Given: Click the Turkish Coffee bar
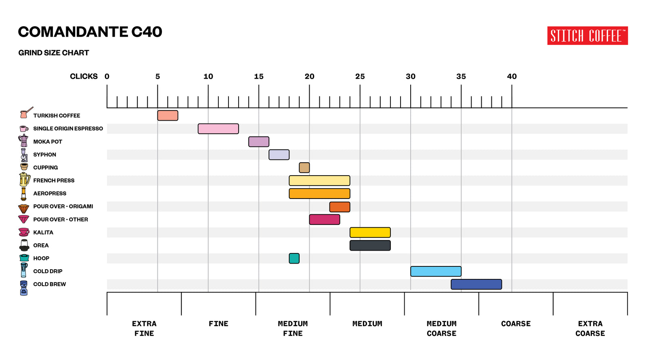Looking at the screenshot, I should (x=168, y=115).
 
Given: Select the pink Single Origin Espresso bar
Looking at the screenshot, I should (x=218, y=129).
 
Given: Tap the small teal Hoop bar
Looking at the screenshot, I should (x=294, y=258).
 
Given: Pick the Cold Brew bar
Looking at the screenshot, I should (x=476, y=284).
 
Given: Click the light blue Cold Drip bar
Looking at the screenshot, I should (x=436, y=271).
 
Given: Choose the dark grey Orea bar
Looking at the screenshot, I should (x=370, y=245).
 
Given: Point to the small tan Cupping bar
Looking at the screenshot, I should (x=304, y=167).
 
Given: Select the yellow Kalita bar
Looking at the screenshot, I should (x=370, y=232).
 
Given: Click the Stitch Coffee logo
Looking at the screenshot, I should (x=587, y=36).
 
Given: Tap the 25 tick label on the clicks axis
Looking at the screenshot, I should (x=360, y=77).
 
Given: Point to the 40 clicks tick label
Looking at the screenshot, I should (x=512, y=77).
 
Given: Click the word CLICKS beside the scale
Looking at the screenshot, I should (x=84, y=77).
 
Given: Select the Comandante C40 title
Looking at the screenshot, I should (x=90, y=32).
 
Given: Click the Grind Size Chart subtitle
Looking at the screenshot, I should (x=54, y=53).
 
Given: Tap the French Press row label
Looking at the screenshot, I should (x=54, y=180).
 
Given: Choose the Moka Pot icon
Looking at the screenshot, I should (x=23, y=141).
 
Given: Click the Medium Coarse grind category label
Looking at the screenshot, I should (x=441, y=329).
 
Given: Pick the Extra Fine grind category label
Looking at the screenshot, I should (x=144, y=329).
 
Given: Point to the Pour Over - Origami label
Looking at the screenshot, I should (x=63, y=206).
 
